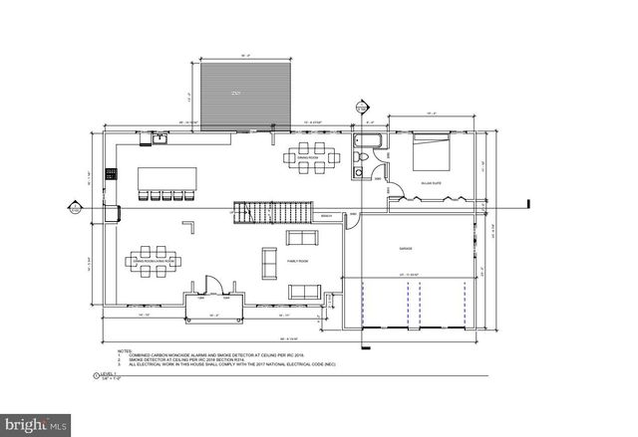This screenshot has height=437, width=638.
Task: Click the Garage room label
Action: point(407,248)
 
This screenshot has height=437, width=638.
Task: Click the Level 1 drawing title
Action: point(104,375)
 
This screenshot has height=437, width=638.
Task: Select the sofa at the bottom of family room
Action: point(303,292)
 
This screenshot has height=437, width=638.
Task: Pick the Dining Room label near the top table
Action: point(307,157)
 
